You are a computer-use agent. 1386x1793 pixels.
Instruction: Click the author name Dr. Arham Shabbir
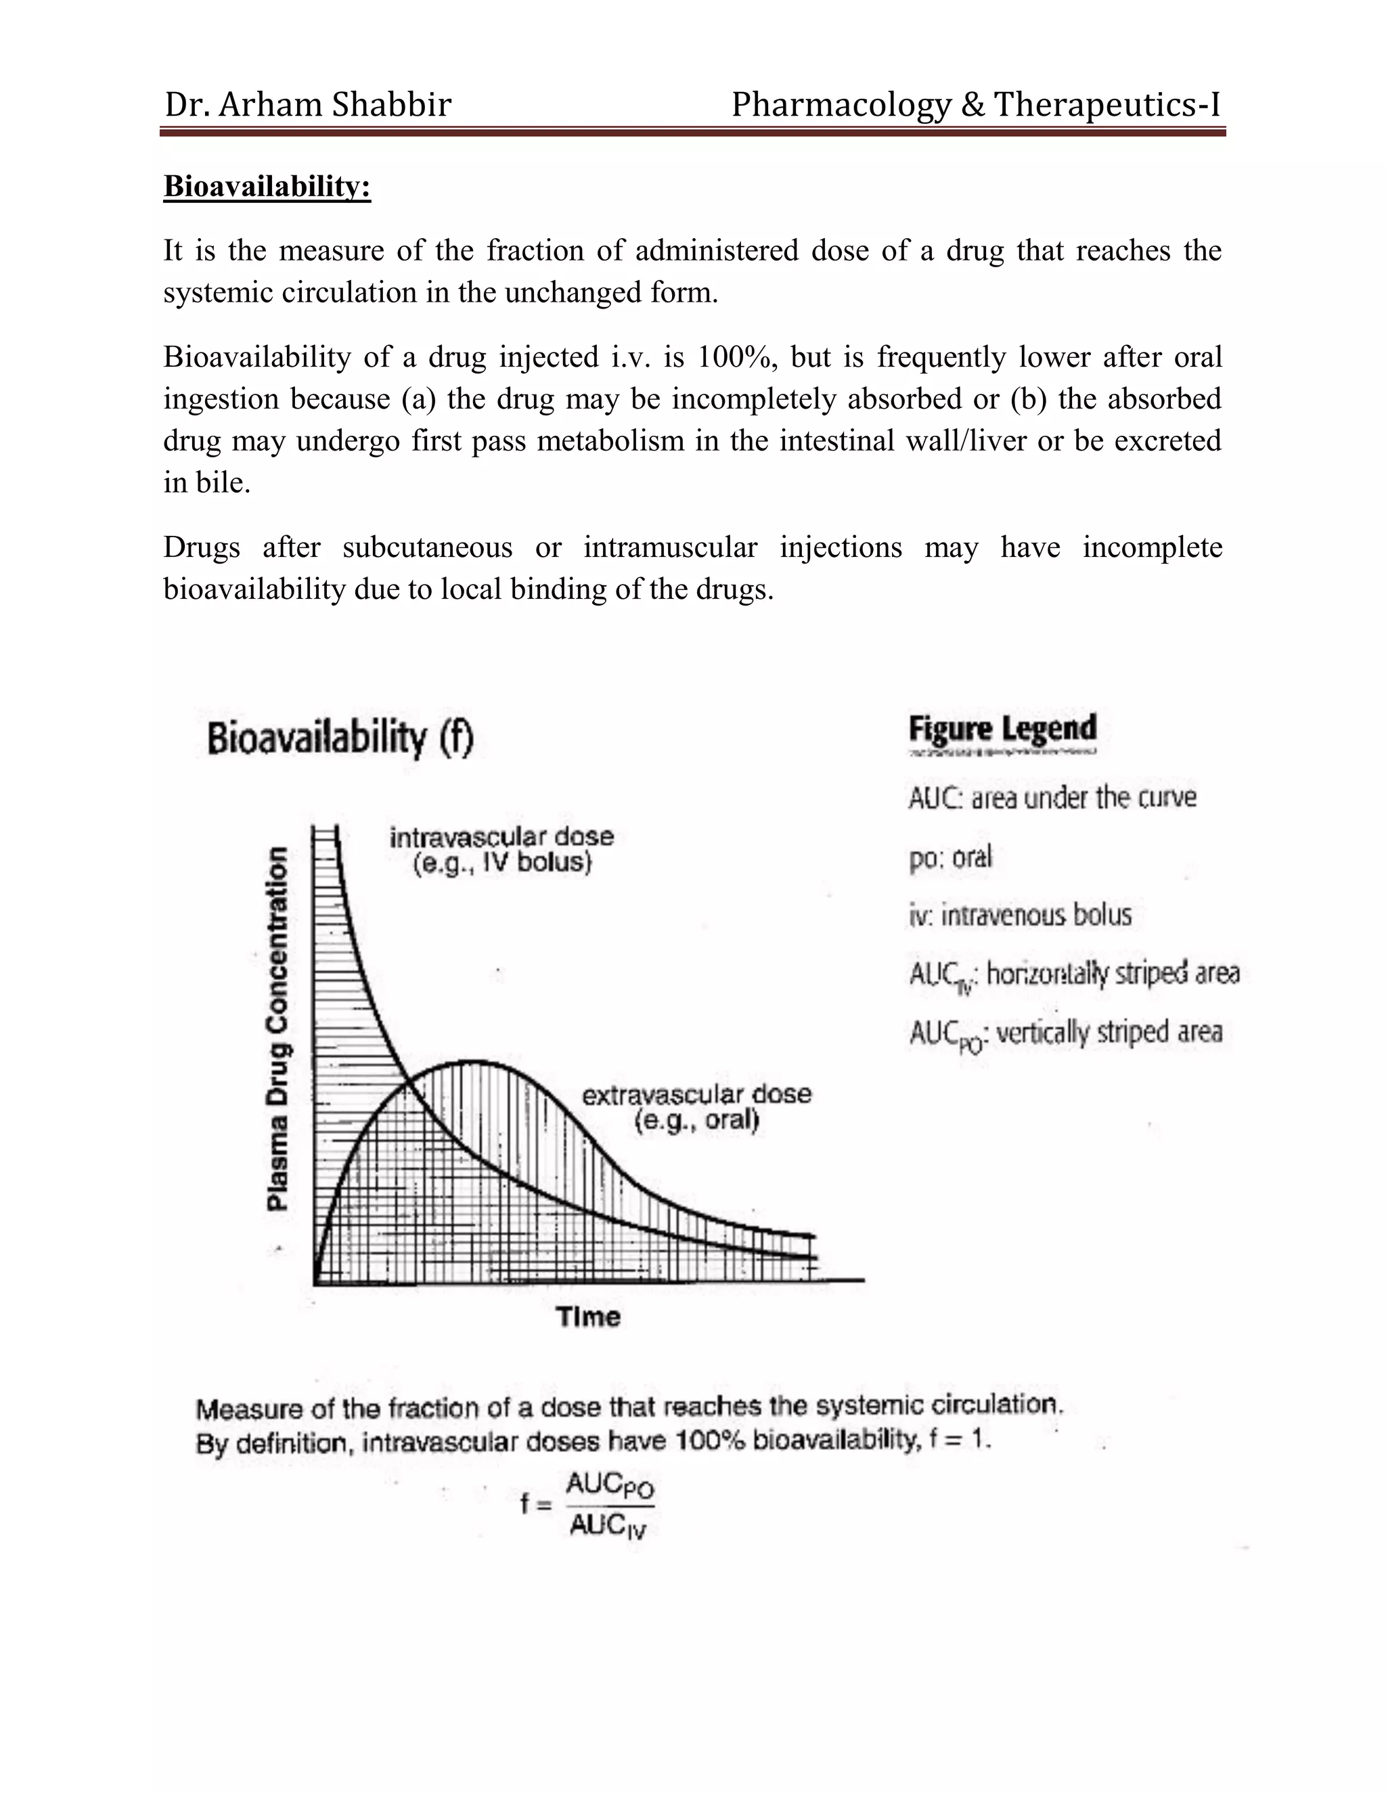[x=308, y=105]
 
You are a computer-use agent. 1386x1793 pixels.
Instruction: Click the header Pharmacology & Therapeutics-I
[x=975, y=105]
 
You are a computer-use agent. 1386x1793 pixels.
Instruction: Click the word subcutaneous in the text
[x=427, y=547]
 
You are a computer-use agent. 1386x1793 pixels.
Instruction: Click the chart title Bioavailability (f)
[x=340, y=737]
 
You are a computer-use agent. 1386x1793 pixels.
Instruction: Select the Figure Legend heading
[x=1002, y=729]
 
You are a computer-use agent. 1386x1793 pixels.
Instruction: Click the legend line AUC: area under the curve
[x=1052, y=797]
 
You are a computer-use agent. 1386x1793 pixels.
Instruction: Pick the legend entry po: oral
[x=950, y=858]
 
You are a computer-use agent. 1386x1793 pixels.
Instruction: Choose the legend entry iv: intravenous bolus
[x=1020, y=915]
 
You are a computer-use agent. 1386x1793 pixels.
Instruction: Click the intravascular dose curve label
[x=501, y=850]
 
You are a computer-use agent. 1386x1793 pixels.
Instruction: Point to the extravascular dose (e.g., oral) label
[x=696, y=1107]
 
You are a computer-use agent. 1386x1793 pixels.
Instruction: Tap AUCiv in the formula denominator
[x=608, y=1526]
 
